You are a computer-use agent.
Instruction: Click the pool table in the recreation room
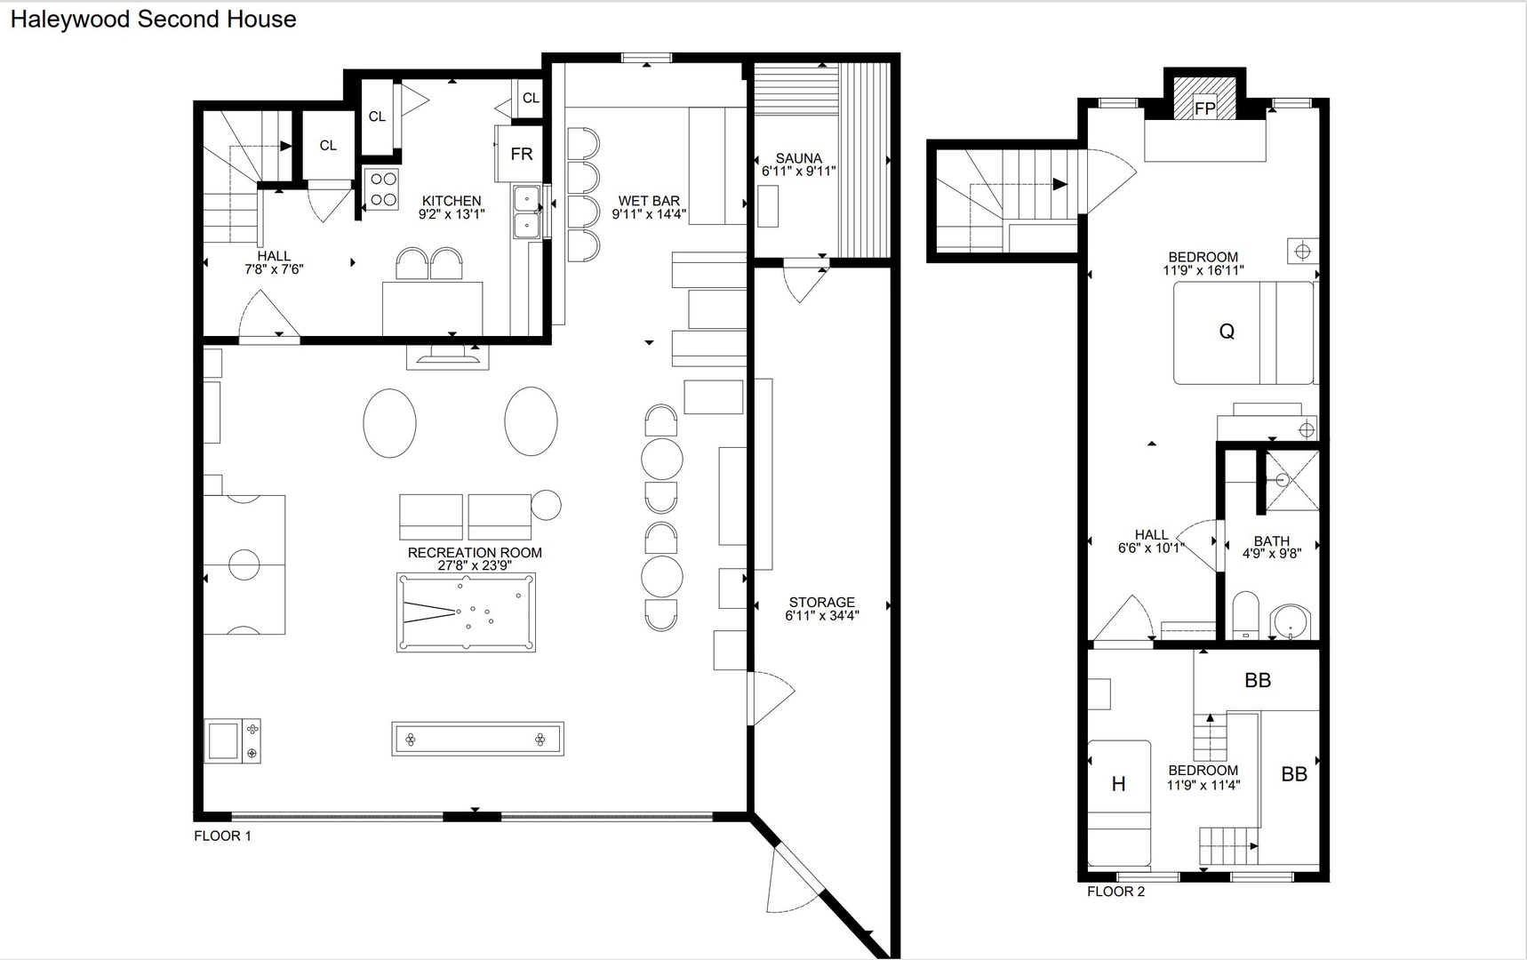466,612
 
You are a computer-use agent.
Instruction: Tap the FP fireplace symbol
1204,97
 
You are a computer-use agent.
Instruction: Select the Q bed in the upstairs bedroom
1243,332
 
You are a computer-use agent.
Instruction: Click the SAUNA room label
798,158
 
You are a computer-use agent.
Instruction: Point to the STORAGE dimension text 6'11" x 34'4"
822,615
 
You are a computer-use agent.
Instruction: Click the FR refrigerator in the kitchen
521,154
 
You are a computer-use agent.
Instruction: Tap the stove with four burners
381,188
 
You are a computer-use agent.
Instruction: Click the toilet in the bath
1245,615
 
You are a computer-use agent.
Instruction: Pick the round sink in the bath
1290,622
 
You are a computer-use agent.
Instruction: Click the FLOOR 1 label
223,836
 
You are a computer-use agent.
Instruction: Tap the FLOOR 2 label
1116,892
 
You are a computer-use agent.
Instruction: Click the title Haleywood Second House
153,20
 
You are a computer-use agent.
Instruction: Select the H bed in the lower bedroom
1119,804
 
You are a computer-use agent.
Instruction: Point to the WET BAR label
649,201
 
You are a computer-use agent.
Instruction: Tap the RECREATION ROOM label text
475,552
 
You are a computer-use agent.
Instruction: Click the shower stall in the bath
1292,481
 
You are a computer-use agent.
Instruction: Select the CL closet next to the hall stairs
328,145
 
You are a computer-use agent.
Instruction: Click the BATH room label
1272,540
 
